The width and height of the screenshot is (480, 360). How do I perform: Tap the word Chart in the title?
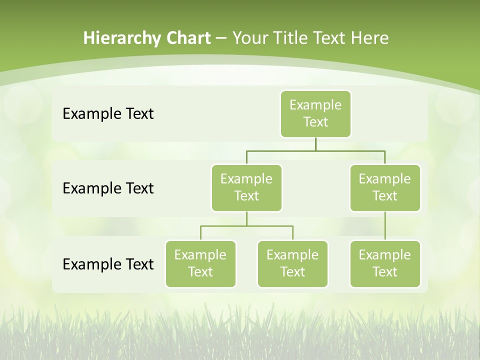click(186, 38)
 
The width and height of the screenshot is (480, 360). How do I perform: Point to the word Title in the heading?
click(292, 38)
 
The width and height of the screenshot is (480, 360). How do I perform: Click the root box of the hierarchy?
click(315, 114)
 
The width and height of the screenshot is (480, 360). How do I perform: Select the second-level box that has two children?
click(246, 188)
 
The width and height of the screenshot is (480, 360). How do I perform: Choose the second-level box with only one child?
click(385, 188)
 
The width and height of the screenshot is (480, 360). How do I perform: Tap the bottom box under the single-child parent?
click(385, 264)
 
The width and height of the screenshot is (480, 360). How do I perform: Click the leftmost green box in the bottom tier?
click(200, 264)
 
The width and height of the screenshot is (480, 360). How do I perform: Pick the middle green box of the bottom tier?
click(292, 264)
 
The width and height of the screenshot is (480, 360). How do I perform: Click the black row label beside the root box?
click(108, 114)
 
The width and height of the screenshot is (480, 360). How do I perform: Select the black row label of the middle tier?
click(108, 188)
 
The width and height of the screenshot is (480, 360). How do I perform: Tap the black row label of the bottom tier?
click(108, 264)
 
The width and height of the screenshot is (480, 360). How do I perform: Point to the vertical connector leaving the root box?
click(315, 144)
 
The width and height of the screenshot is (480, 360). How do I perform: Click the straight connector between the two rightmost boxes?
click(385, 226)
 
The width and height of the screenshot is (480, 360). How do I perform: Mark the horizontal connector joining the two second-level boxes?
click(315, 150)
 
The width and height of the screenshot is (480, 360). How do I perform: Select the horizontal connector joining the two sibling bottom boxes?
click(246, 226)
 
